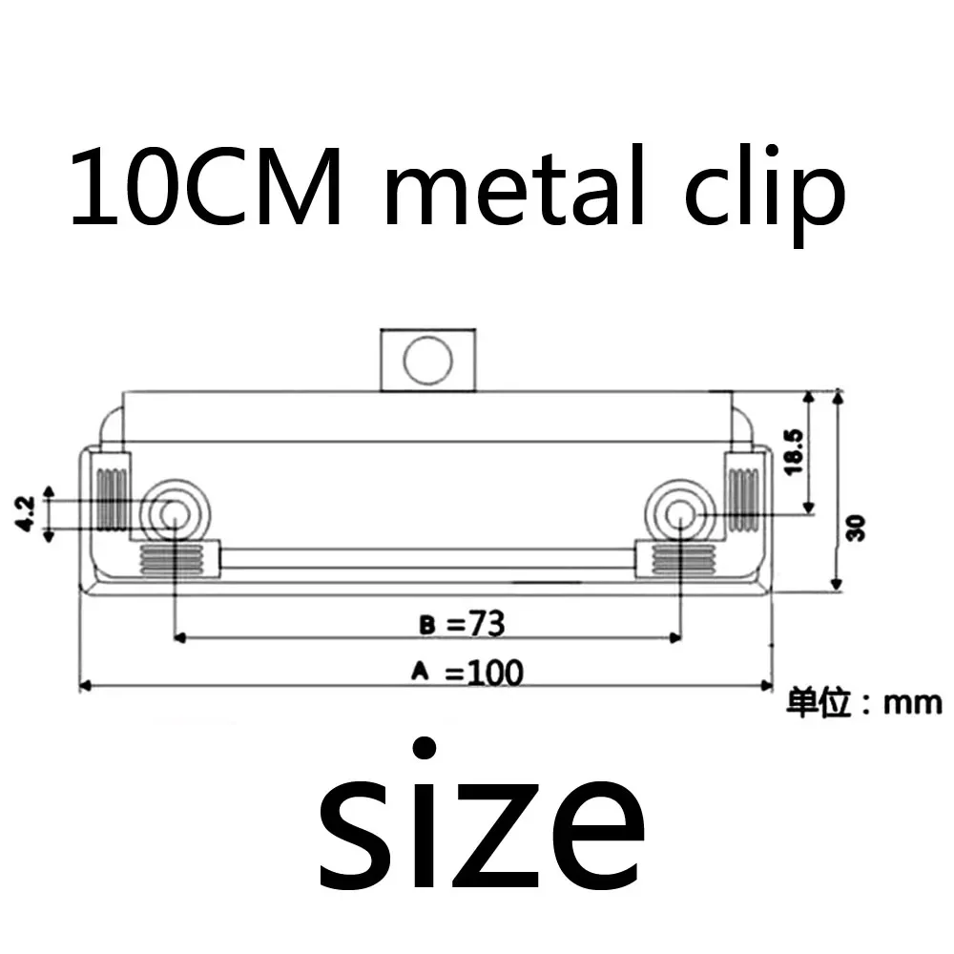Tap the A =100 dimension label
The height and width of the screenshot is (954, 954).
coord(467,673)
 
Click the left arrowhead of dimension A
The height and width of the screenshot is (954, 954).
coord(84,685)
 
